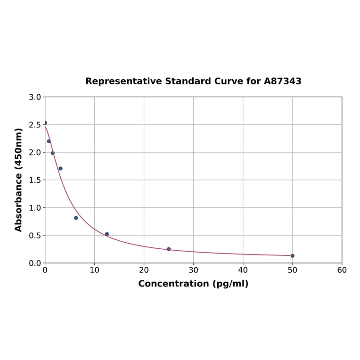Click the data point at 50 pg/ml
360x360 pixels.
292,256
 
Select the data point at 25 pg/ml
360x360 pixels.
169,249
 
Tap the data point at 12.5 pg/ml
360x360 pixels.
107,234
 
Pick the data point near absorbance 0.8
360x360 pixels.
76,218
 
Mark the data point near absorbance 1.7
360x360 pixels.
60,168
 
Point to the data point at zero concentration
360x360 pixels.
45,123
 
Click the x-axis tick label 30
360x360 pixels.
193,270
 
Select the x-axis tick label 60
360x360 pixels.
342,270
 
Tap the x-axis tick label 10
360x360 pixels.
94,270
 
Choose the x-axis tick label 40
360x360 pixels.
243,270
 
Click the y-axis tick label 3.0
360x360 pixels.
34,97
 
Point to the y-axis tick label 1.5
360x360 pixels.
34,180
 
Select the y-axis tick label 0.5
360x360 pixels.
34,235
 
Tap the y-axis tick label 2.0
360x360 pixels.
34,152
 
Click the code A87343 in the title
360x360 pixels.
282,81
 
